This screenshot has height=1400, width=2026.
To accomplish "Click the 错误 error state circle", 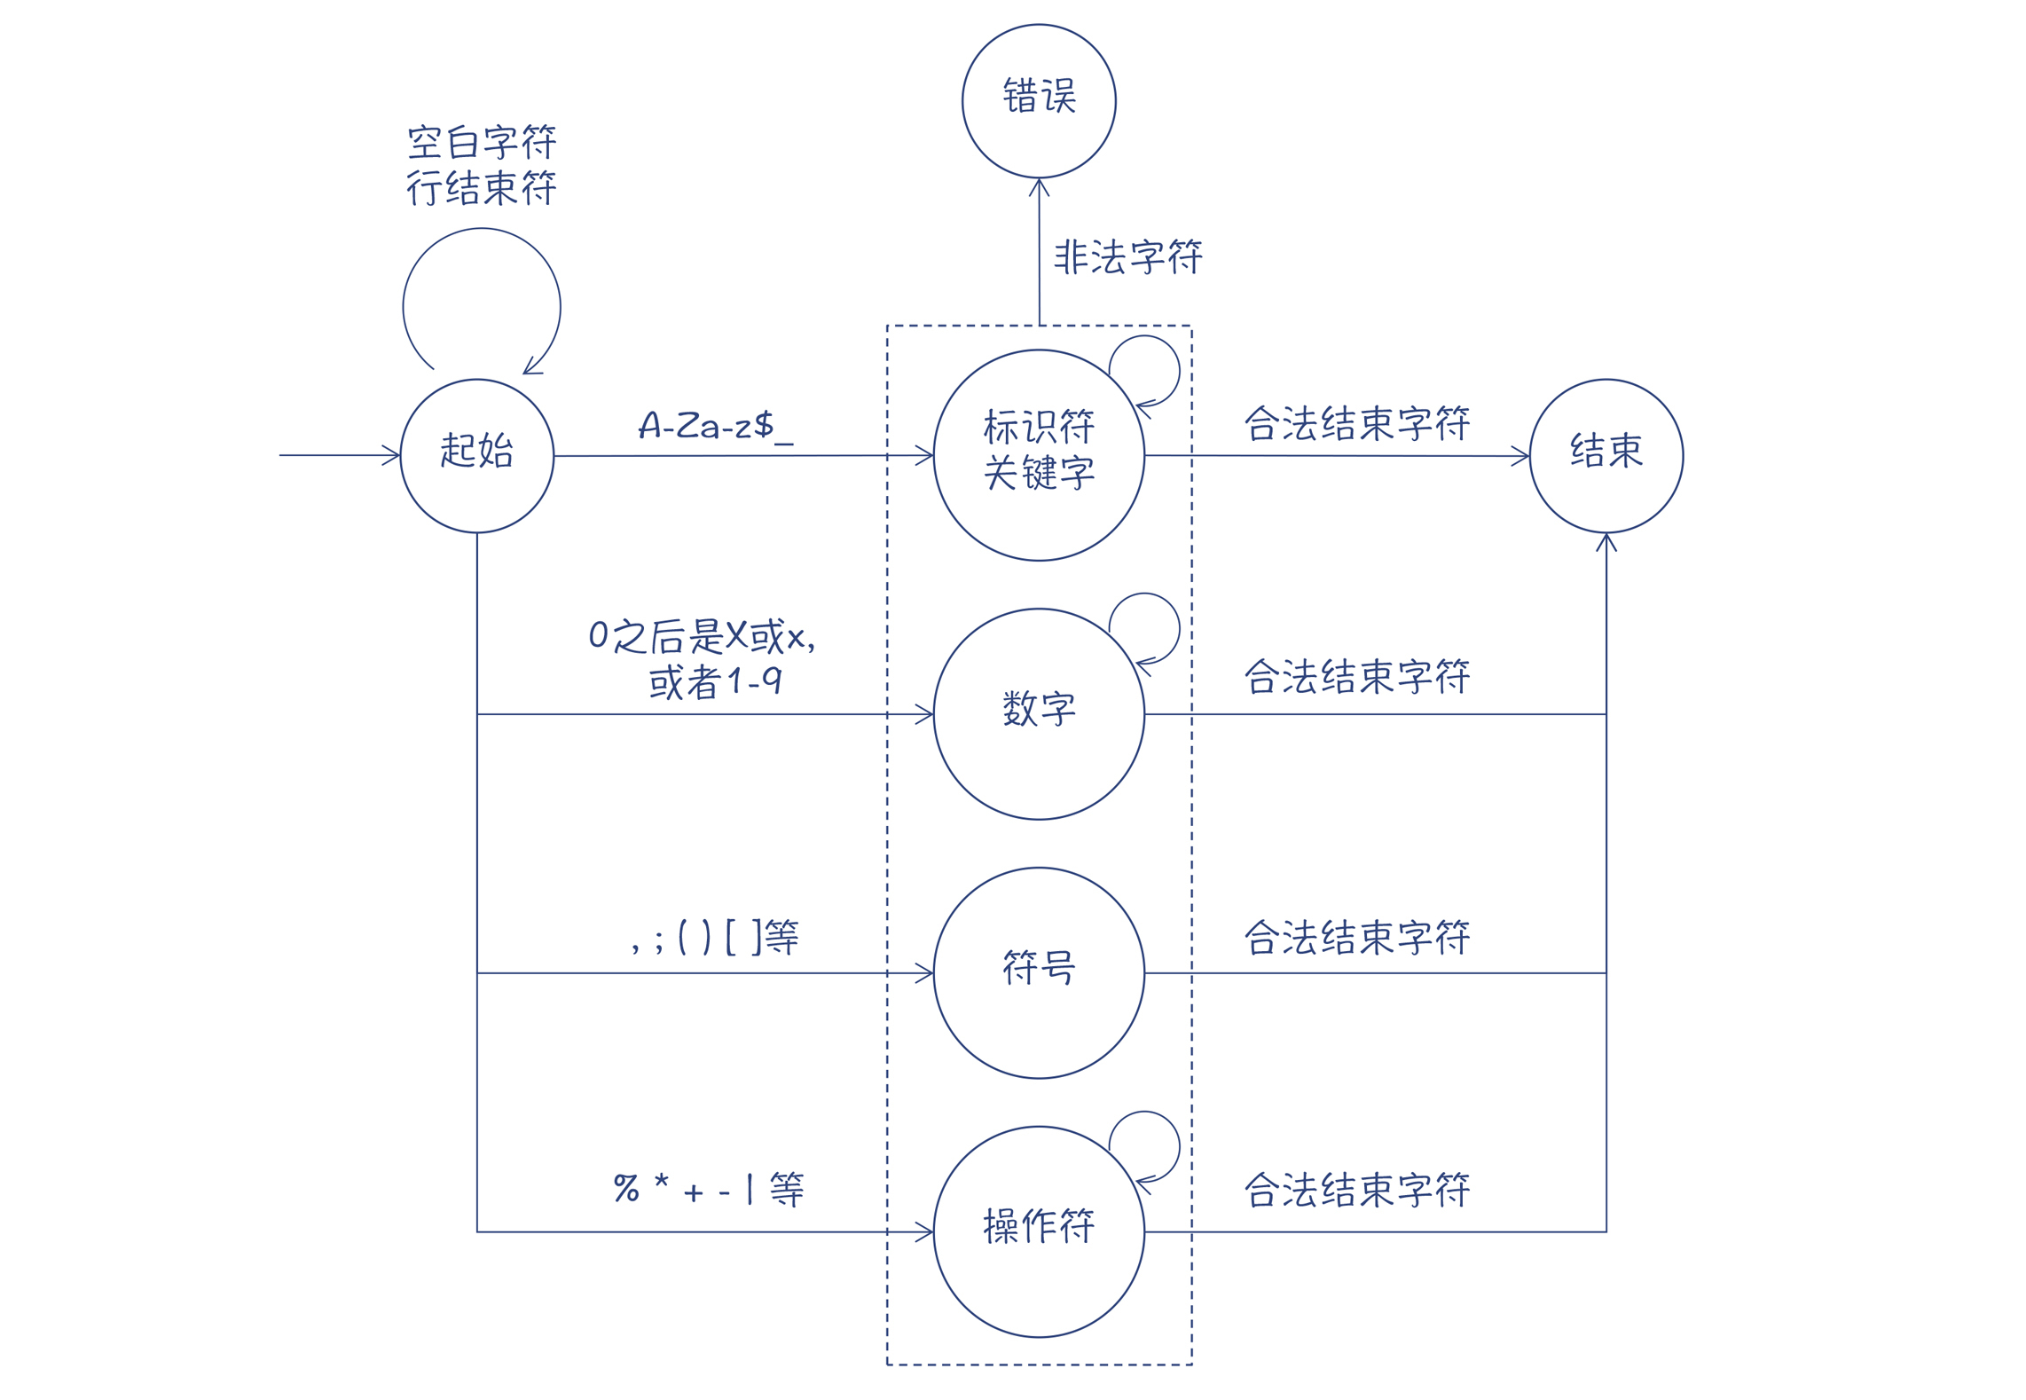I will tap(1039, 100).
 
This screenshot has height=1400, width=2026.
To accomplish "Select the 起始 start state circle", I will tap(476, 455).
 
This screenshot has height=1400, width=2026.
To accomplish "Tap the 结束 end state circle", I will tap(1606, 455).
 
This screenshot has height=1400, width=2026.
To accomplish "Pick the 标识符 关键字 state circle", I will tap(1039, 454).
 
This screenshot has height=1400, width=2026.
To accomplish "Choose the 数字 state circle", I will tap(1039, 713).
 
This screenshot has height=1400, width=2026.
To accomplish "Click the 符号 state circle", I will tap(1039, 972).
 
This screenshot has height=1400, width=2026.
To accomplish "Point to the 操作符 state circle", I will tap(1039, 1231).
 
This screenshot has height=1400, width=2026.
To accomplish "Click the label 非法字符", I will tap(1127, 257).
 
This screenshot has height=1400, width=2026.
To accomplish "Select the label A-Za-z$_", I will tap(715, 426).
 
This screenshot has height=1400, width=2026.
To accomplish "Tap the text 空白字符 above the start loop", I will tap(482, 142).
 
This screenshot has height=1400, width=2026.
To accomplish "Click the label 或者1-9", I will tap(715, 681).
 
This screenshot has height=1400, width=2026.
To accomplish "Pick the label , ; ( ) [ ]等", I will tap(715, 937).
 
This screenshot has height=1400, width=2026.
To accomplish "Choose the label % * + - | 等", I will tap(709, 1189).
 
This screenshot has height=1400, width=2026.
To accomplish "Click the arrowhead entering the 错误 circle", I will tap(1039, 186).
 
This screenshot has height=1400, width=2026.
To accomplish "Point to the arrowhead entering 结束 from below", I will tap(1606, 542).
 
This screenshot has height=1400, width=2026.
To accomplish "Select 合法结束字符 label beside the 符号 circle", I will tap(1356, 938).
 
